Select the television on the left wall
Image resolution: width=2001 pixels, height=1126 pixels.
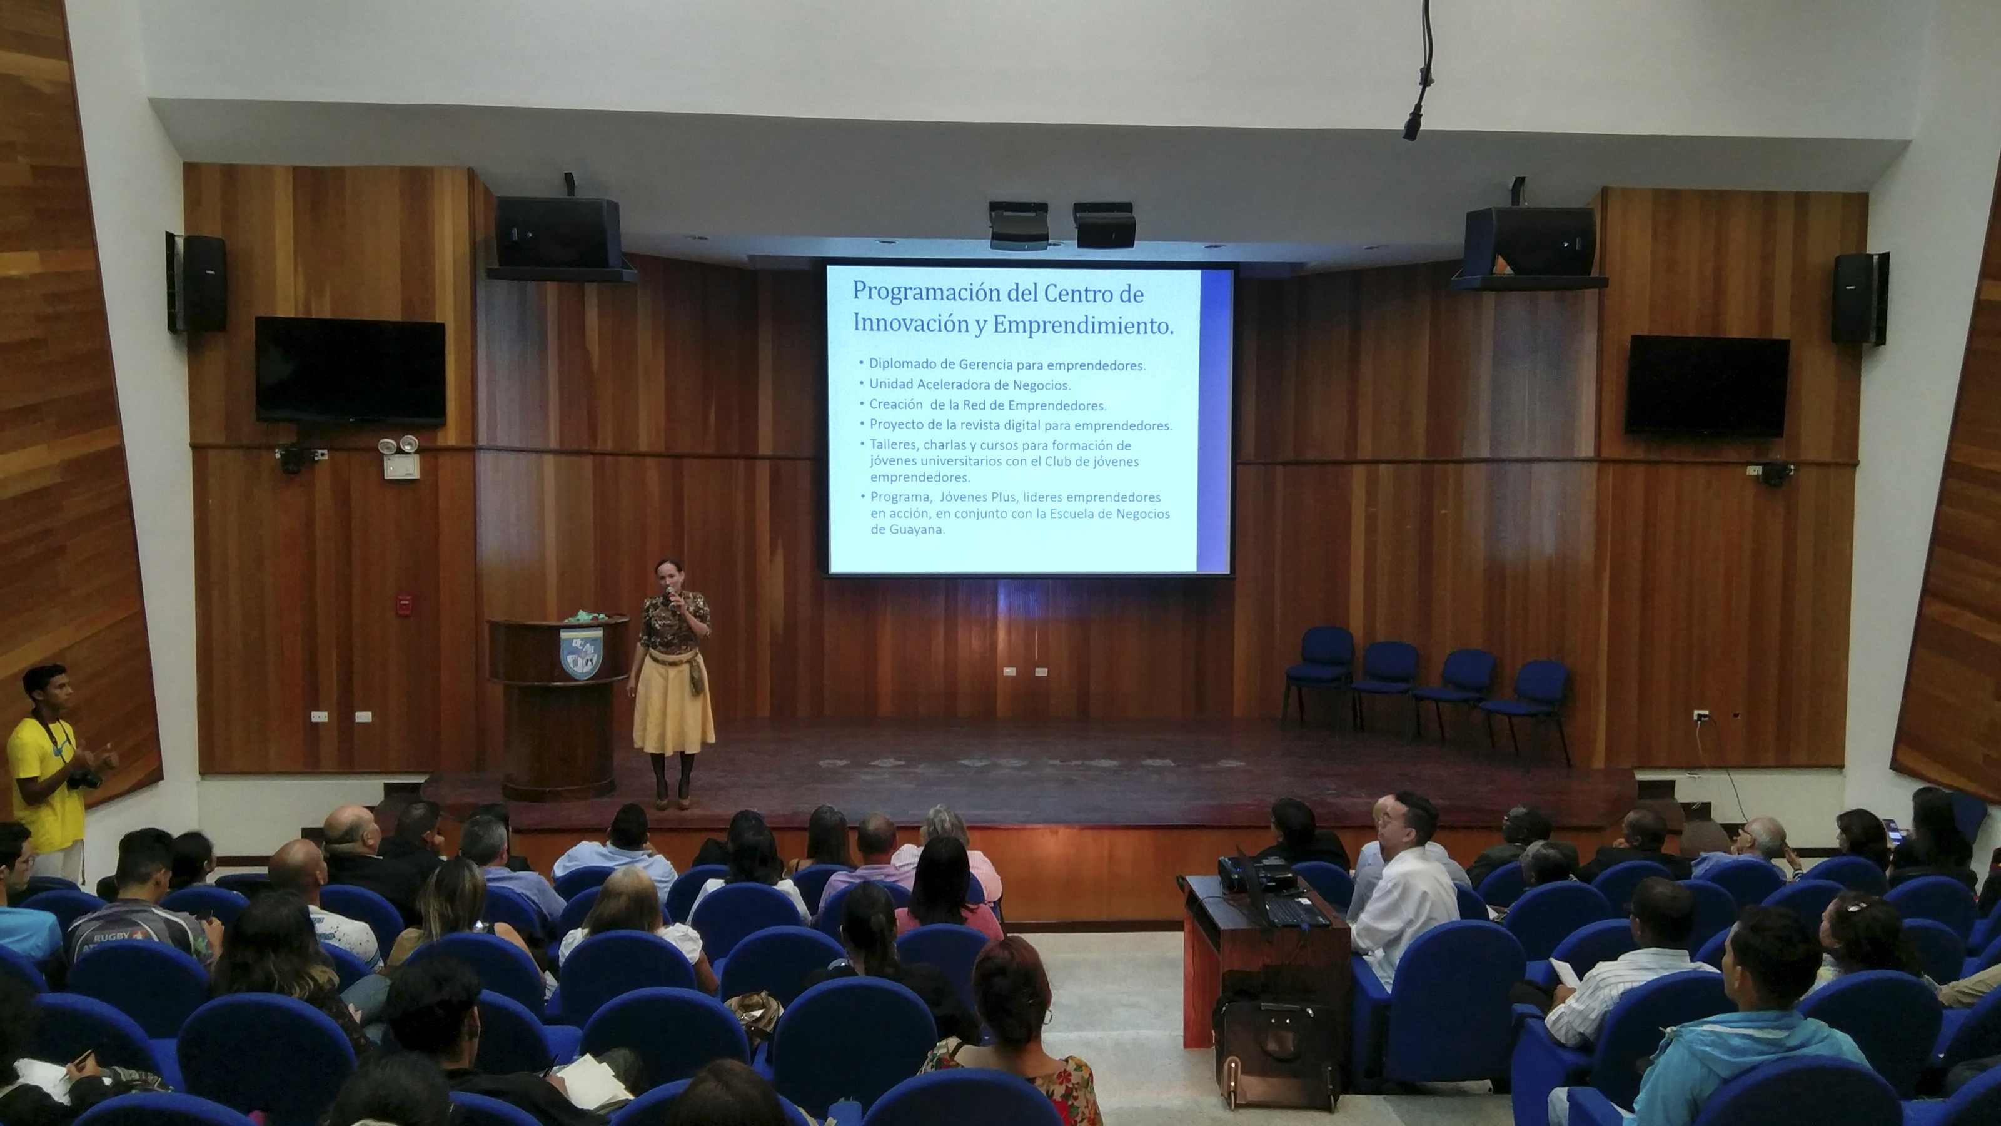[350, 370]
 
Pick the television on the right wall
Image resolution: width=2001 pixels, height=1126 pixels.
[1706, 385]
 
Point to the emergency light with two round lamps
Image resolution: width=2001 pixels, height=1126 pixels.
[398, 446]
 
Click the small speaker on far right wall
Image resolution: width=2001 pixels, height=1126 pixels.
[1858, 298]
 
